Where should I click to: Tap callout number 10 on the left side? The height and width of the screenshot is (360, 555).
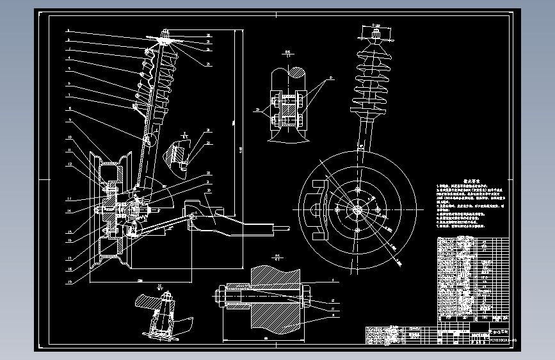point(68,138)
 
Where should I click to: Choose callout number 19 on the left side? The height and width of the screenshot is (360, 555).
point(68,281)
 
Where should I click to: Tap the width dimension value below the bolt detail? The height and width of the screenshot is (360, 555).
point(265,338)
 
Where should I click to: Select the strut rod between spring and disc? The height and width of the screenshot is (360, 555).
point(364,135)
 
